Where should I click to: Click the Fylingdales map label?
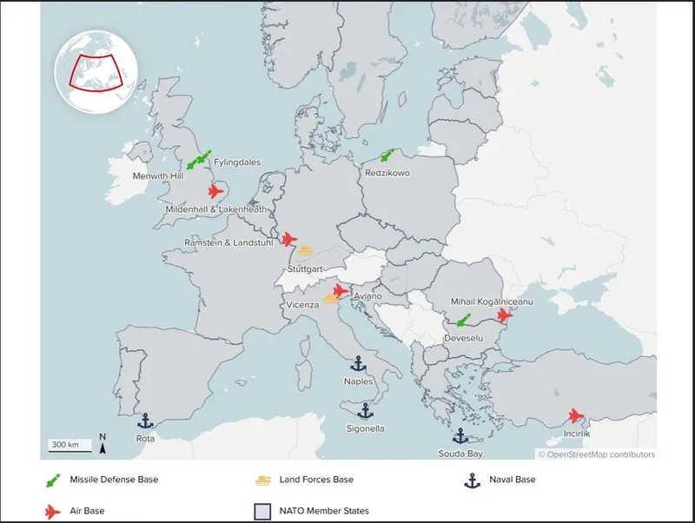click(236, 162)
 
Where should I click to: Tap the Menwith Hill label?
click(158, 175)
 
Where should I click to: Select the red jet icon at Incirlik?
click(575, 416)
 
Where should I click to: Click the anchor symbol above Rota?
click(146, 421)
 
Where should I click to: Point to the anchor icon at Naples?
click(357, 364)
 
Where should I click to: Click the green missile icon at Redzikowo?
click(387, 156)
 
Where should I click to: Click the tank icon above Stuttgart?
click(305, 252)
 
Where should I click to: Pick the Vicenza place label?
click(302, 306)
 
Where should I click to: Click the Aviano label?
click(367, 296)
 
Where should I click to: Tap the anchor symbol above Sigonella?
click(366, 410)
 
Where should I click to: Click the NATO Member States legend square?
click(260, 511)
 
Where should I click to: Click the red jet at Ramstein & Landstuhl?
click(289, 239)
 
